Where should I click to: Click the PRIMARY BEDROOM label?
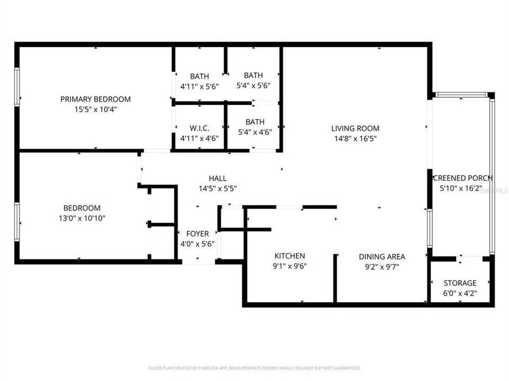click(95, 99)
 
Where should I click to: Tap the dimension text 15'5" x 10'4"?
click(95, 110)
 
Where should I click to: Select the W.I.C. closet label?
click(199, 128)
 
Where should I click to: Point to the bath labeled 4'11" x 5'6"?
click(199, 86)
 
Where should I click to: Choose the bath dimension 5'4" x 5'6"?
click(253, 86)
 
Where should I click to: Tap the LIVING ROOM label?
click(355, 128)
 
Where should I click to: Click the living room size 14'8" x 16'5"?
click(355, 139)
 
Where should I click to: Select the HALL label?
click(217, 178)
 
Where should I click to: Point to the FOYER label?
click(197, 233)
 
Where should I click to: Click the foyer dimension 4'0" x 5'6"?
click(197, 243)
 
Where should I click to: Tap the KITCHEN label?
click(289, 256)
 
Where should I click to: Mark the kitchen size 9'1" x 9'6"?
click(289, 266)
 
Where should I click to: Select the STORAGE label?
click(460, 283)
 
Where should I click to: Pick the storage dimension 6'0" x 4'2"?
click(460, 293)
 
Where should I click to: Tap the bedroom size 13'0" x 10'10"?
click(82, 218)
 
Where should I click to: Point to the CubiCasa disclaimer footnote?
click(254, 368)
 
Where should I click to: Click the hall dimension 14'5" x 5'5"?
click(217, 188)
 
